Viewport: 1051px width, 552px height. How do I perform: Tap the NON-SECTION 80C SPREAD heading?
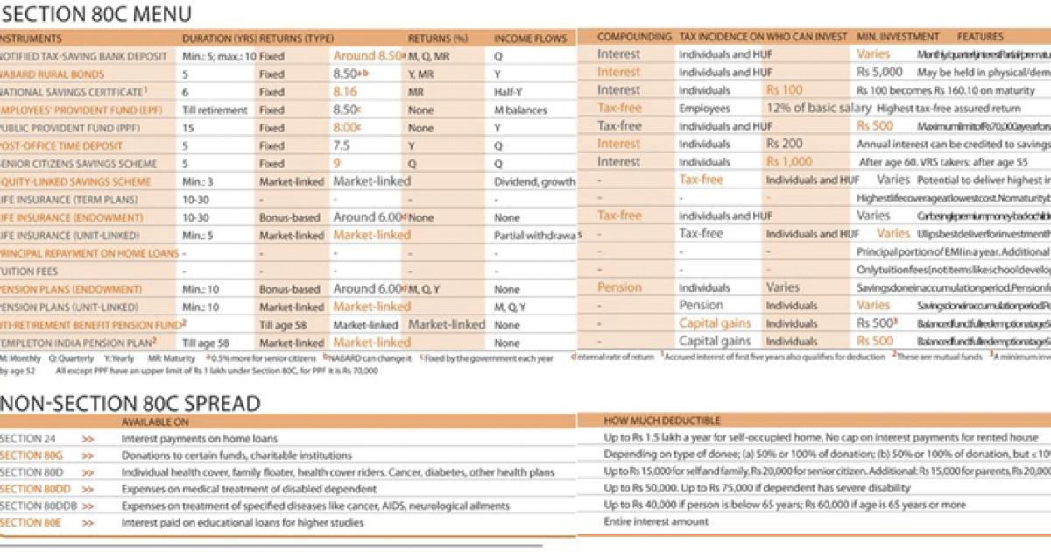(x=130, y=403)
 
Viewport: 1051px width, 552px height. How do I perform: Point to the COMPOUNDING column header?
(x=634, y=37)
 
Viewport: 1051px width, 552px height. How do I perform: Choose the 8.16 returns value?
(x=345, y=91)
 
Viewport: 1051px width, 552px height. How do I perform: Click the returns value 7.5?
(x=342, y=145)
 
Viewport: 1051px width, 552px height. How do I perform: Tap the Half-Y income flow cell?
(x=509, y=92)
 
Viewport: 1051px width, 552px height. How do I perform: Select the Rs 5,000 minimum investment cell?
(x=879, y=73)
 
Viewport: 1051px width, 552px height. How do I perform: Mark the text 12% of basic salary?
(x=819, y=109)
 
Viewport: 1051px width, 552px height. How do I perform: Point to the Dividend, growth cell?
(x=534, y=182)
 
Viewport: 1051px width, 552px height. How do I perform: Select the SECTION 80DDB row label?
(x=36, y=506)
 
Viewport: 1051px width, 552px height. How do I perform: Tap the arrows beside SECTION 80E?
(x=88, y=523)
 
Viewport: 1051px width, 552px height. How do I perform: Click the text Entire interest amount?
(x=656, y=522)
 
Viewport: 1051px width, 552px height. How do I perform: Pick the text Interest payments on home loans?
(x=199, y=438)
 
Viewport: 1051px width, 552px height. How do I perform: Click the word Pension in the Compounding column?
(x=619, y=287)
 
